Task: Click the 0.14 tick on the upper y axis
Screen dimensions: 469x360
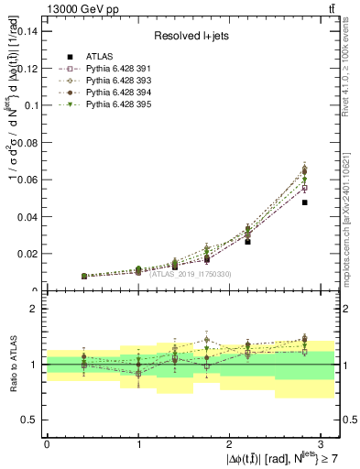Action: pyautogui.click(x=29, y=31)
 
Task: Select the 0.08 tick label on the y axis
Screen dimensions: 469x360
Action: pyautogui.click(x=29, y=142)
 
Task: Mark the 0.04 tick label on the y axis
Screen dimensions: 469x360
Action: pyautogui.click(x=29, y=216)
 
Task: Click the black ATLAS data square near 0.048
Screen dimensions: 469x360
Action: pyautogui.click(x=304, y=202)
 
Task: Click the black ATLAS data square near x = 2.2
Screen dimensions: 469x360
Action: pyautogui.click(x=247, y=242)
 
